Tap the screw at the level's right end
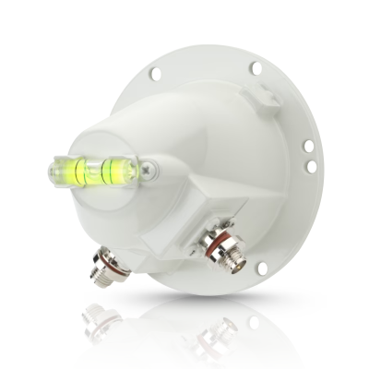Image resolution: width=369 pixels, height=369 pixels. (148, 169)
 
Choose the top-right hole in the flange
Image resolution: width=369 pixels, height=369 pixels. (256, 67)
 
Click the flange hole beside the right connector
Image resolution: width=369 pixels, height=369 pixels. (261, 268)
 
